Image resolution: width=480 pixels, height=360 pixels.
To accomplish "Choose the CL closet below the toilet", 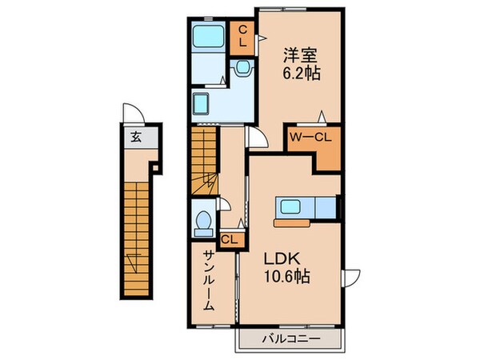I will tap(227, 238).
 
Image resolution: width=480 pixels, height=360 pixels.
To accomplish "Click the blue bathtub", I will tap(210, 37).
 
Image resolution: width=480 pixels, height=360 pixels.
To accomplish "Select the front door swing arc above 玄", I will tap(131, 113).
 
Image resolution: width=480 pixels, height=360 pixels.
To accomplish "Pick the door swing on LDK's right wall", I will tap(350, 279).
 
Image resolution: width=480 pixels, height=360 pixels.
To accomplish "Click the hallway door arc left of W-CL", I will tap(258, 139).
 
